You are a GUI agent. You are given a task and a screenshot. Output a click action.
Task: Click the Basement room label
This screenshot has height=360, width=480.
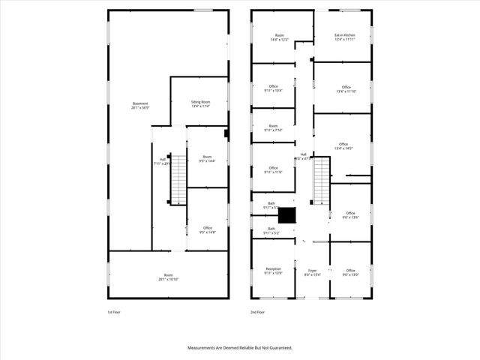pyautogui.click(x=140, y=105)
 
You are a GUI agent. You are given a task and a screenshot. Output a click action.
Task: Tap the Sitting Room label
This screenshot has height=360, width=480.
pyautogui.click(x=200, y=103)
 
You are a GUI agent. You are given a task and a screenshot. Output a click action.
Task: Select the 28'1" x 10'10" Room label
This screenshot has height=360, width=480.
pyautogui.click(x=168, y=277)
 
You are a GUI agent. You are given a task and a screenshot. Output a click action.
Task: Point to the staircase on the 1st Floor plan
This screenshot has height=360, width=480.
pyautogui.click(x=178, y=182)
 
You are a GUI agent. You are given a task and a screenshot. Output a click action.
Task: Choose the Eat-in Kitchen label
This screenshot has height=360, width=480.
pyautogui.click(x=344, y=37)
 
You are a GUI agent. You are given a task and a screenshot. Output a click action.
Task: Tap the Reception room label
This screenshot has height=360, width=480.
pyautogui.click(x=273, y=270)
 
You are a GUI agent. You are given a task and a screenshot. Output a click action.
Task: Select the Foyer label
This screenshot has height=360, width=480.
pyautogui.click(x=311, y=272)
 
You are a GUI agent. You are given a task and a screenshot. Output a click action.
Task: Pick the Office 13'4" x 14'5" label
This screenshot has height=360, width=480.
pyautogui.click(x=343, y=145)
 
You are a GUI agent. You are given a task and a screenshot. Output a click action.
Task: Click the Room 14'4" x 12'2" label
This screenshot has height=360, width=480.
pyautogui.click(x=280, y=37)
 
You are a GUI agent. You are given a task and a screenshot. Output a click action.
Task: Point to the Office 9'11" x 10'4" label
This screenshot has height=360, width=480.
pyautogui.click(x=273, y=88)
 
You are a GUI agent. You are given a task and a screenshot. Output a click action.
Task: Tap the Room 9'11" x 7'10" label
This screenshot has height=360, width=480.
pyautogui.click(x=273, y=127)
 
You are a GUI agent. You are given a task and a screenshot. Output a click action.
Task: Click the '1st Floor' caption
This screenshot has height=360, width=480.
pyautogui.click(x=115, y=311)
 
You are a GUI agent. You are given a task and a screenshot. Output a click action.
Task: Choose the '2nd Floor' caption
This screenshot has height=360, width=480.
pyautogui.click(x=258, y=311)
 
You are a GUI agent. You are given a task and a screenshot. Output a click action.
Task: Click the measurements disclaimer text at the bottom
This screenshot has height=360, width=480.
pyautogui.click(x=239, y=348)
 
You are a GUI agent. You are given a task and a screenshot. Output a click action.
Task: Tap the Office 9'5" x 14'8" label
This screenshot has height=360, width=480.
pyautogui.click(x=207, y=229)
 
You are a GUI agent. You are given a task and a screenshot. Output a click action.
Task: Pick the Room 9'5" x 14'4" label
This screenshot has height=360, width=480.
pyautogui.click(x=206, y=159)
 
